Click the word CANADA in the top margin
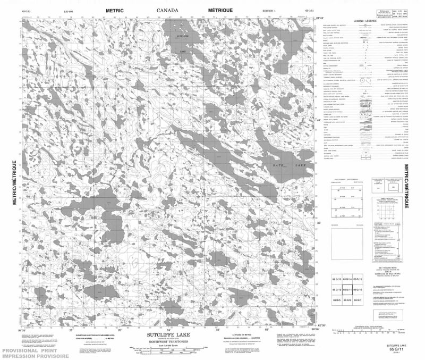(167, 10)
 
